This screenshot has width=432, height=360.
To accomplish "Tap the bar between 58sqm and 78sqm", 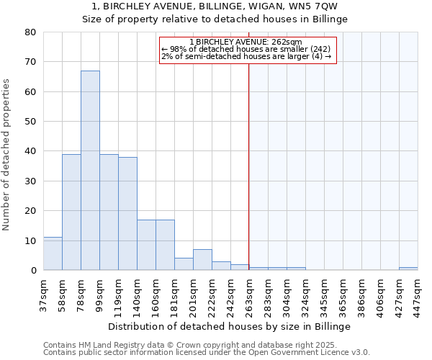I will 71,212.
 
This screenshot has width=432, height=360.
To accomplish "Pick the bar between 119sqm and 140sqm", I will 127,214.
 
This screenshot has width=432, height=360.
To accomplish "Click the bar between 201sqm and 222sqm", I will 202,260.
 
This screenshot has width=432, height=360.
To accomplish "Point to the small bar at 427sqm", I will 408,269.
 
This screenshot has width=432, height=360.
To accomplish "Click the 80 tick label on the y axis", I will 30,32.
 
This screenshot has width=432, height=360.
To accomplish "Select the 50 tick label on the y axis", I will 30,122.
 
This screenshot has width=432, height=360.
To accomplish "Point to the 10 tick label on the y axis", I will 30,240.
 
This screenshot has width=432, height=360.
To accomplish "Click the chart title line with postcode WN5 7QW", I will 216,6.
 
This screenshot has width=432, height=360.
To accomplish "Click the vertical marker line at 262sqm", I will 249,158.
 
